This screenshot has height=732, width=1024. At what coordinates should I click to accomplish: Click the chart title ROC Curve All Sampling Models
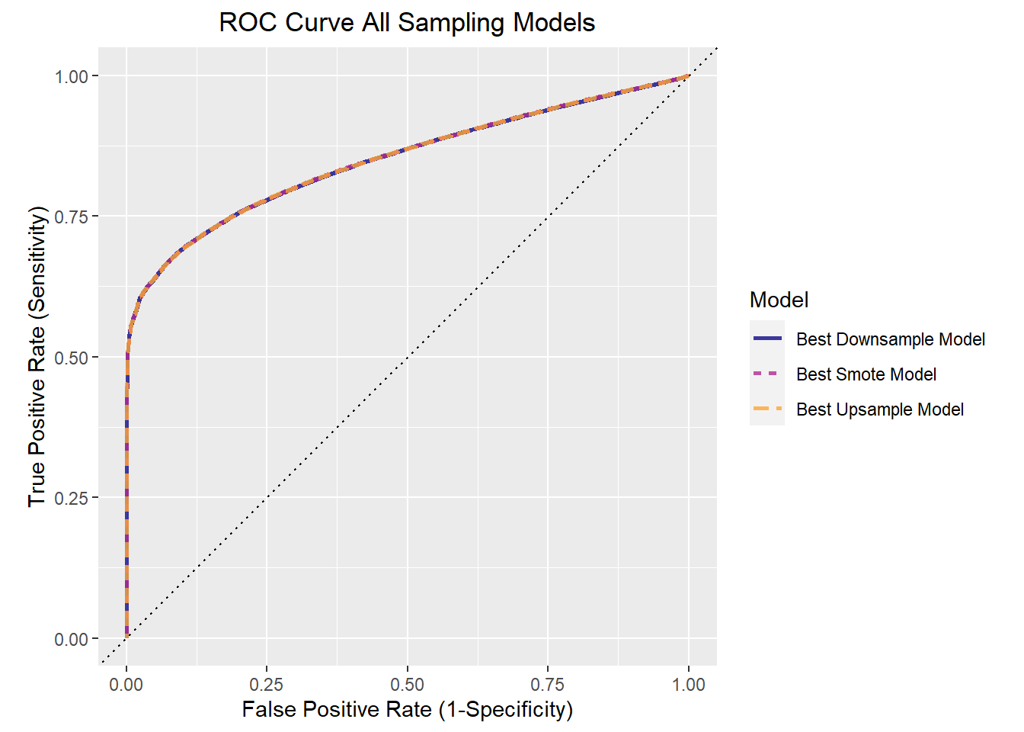(407, 22)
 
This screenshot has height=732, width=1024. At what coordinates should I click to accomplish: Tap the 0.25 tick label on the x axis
(267, 684)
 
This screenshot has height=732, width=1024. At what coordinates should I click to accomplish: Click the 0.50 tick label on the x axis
(407, 684)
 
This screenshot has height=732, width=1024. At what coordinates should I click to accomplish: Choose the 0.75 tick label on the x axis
(547, 684)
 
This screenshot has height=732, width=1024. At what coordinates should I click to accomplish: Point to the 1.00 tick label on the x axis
(688, 684)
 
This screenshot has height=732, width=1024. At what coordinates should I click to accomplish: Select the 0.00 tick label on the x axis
(126, 684)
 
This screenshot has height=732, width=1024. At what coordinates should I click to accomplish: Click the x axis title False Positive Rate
(407, 710)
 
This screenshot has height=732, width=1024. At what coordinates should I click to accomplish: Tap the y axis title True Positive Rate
(37, 356)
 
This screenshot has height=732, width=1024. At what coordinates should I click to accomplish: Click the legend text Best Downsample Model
(890, 339)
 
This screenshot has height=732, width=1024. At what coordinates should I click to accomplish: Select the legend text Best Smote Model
(866, 374)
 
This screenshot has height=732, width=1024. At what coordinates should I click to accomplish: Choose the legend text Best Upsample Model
(879, 409)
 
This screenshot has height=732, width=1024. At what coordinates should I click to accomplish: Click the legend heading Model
(779, 300)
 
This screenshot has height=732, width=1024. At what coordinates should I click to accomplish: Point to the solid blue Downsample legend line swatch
(767, 339)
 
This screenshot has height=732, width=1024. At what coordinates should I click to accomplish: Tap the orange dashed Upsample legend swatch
(767, 409)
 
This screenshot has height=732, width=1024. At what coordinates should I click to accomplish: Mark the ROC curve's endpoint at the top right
(689, 76)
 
